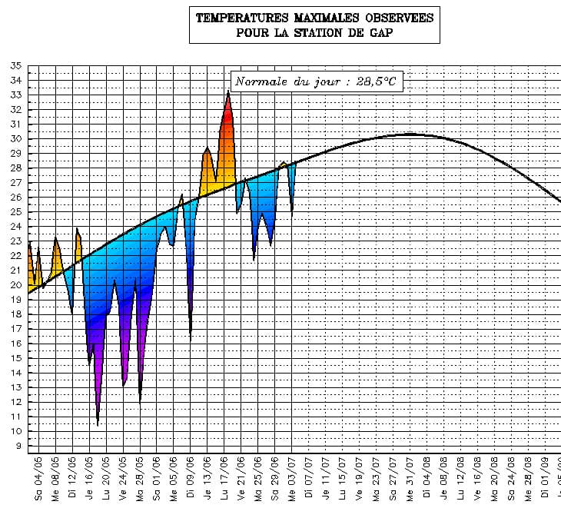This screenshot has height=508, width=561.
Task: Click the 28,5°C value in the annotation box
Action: tap(375, 81)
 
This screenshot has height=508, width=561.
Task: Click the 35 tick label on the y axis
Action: tap(15, 66)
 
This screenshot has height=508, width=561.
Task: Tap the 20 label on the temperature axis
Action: tap(15, 285)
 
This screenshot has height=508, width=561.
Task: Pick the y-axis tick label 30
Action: tap(15, 139)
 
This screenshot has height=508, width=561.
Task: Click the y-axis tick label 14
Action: tap(15, 373)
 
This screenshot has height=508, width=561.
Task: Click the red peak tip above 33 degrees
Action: tap(228, 92)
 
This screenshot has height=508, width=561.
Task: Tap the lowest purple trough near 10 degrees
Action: tap(98, 422)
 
